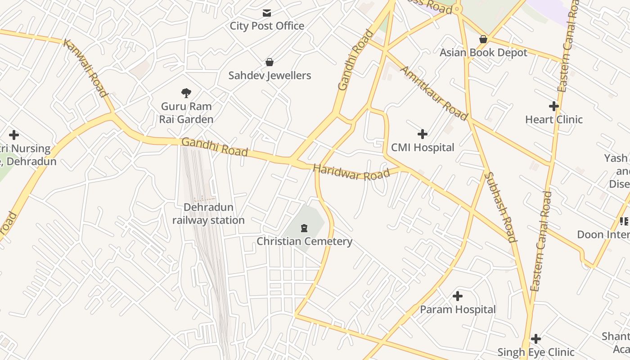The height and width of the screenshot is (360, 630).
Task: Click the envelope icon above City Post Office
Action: tap(267, 13)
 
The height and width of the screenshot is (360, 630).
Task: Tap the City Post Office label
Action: tap(267, 26)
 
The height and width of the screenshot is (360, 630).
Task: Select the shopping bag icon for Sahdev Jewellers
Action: tap(270, 62)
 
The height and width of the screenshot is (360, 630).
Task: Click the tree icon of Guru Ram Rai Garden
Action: tap(186, 93)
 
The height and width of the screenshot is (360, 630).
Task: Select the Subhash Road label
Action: tap(500, 207)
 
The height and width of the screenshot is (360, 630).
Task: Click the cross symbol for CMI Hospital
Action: tap(422, 134)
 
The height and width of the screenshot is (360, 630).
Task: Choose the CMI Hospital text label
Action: tap(422, 147)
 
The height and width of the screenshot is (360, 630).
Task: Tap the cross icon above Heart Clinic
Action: tap(553, 107)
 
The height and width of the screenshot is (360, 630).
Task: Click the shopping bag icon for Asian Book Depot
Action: tap(483, 40)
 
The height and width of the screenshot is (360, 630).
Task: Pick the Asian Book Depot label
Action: tap(483, 53)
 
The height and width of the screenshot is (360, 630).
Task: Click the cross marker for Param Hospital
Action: tap(457, 296)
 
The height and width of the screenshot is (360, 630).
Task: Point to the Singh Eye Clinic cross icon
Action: tap(535, 339)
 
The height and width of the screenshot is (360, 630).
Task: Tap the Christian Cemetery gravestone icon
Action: tap(304, 228)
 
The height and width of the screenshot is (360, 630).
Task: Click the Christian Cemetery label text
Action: tap(304, 241)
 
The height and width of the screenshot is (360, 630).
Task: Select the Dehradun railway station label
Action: tap(208, 214)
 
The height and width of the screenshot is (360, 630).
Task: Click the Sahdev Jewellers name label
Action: tap(270, 76)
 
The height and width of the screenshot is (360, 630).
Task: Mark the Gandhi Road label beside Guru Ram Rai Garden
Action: tap(214, 147)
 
